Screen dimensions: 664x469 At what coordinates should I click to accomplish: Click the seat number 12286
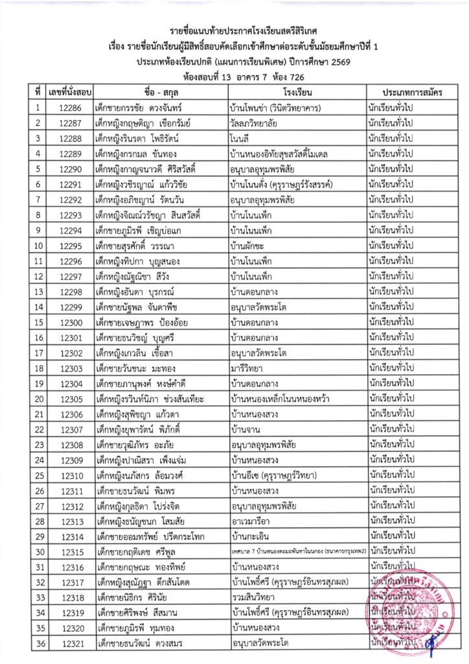point(69,108)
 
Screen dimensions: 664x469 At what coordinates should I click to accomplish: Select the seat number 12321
point(69,644)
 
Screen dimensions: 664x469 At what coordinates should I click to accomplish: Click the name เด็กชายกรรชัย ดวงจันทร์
point(137,108)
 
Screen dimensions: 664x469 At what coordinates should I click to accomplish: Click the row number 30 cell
point(38,552)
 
